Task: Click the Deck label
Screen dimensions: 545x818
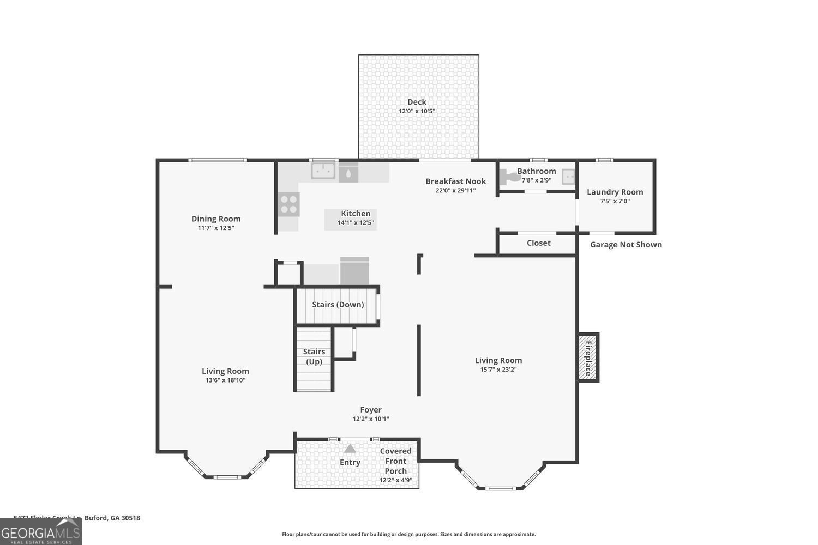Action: coord(417,102)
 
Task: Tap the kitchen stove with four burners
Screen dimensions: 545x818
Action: coord(288,204)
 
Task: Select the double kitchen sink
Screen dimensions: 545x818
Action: coord(323,171)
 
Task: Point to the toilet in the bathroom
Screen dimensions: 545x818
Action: coord(509,177)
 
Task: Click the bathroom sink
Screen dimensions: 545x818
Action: coord(568,177)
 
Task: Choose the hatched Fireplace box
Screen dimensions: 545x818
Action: coord(588,358)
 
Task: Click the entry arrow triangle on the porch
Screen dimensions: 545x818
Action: coord(350,449)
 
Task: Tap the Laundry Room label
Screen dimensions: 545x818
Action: coord(615,192)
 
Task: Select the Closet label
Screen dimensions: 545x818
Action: coord(538,243)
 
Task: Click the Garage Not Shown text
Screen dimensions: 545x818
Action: coord(625,245)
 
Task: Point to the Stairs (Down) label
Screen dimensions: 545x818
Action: coord(338,305)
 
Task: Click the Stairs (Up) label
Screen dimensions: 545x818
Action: coord(314,356)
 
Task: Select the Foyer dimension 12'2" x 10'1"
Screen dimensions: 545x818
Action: coord(371,419)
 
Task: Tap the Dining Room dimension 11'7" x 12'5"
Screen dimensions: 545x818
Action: coord(216,228)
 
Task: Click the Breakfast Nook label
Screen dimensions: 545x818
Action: coord(455,181)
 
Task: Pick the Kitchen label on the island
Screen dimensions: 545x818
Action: coord(356,214)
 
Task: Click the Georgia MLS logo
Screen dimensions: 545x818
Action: coord(41,531)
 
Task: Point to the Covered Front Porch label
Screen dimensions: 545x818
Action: coord(396,461)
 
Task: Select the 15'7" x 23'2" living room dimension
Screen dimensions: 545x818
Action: coord(498,370)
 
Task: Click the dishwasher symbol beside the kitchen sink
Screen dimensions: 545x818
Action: coord(348,174)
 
